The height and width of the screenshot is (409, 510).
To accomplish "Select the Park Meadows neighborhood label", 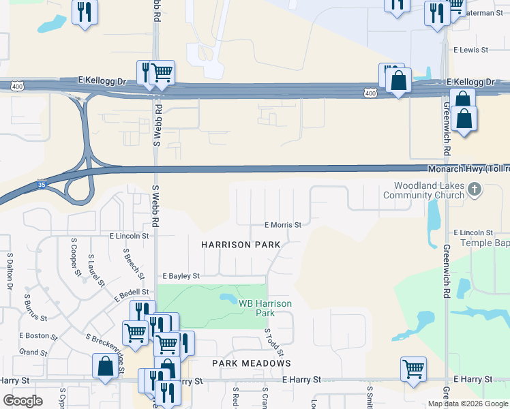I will coord(252,363).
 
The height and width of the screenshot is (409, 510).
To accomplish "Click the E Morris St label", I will coord(283,224).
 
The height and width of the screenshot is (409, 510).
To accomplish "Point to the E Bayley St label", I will coord(181,276).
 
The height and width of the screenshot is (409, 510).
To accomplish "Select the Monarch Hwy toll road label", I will coord(466,168).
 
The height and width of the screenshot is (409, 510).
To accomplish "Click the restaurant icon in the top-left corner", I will coord(85,12).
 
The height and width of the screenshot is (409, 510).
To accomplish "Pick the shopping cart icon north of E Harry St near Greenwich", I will coord(413,369).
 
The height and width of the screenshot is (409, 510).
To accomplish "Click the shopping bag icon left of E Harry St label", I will coord(106,366).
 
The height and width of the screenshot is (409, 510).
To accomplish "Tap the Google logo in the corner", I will coord(22,401).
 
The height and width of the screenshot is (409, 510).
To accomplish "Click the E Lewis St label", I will coord(471,50).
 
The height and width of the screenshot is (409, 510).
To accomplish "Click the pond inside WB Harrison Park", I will coord(227,299).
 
